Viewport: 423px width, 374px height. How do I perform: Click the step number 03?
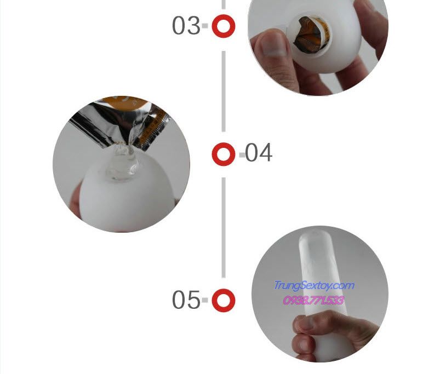coord(186,26)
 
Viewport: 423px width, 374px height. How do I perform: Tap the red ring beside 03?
coord(224,26)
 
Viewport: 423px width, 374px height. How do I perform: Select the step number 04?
coord(259,153)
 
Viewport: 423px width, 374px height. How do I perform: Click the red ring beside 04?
coord(224,154)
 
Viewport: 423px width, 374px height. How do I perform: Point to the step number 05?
coord(186,300)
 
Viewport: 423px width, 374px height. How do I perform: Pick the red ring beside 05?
coord(224,300)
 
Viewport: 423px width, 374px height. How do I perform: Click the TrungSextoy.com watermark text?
coord(313,285)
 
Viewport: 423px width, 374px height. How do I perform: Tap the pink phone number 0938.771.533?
coord(313,300)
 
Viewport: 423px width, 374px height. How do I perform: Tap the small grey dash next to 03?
coord(205,26)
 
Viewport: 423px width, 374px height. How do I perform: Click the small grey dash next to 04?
coord(241,154)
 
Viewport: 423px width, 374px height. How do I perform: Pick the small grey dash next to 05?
coord(205,300)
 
